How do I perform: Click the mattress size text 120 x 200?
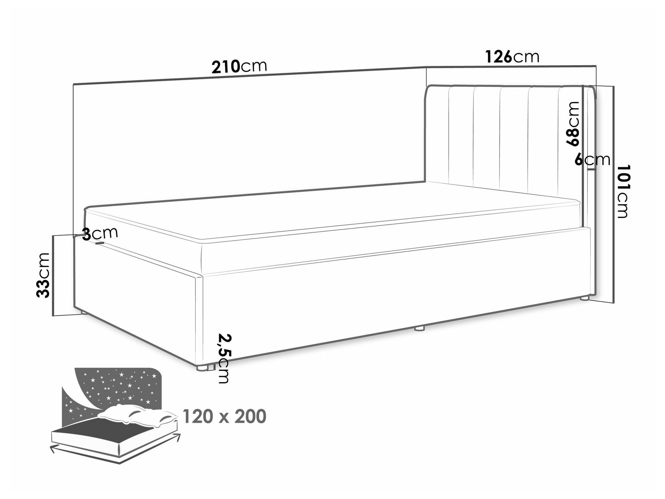tap(224, 416)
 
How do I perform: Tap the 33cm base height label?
tap(43, 275)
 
